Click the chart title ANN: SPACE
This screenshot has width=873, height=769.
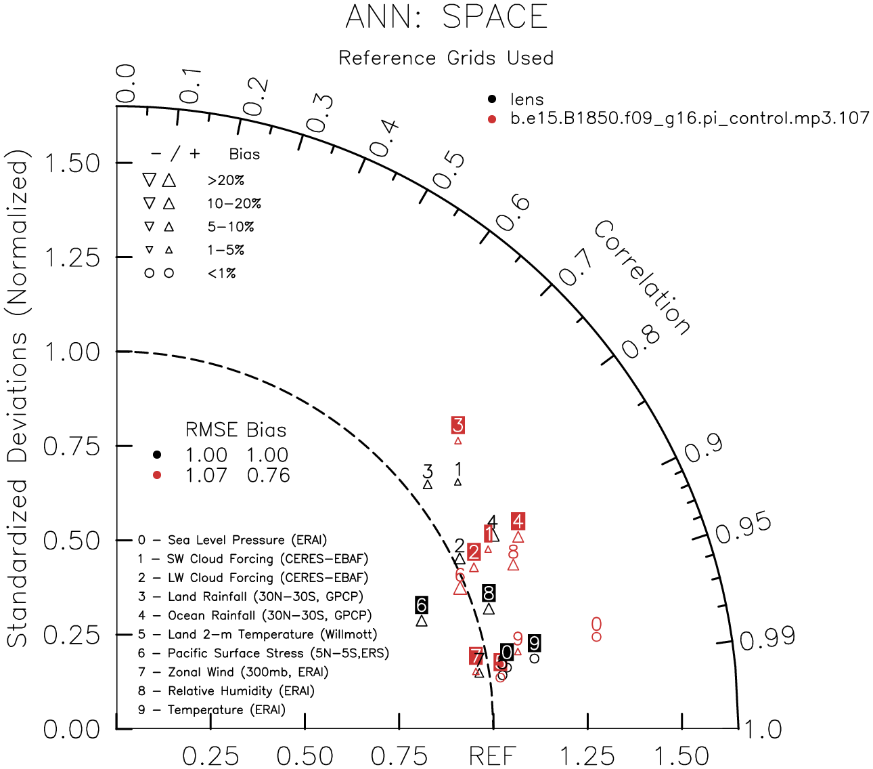click(446, 16)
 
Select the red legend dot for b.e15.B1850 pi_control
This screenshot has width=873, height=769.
click(492, 119)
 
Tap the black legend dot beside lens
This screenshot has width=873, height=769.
click(492, 100)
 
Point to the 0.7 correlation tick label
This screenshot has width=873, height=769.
click(575, 268)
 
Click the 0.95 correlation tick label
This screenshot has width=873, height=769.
click(743, 529)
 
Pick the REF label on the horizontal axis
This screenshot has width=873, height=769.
click(493, 755)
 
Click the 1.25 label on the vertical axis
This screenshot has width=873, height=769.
click(71, 258)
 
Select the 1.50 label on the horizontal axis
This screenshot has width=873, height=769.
click(681, 755)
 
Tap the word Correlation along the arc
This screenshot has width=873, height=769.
click(642, 278)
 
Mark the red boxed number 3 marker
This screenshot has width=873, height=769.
click(458, 425)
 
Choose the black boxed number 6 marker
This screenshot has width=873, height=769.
click(422, 605)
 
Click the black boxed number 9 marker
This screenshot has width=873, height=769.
click(535, 643)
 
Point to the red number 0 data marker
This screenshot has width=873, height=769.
click(596, 624)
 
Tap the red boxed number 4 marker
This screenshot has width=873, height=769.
click(518, 521)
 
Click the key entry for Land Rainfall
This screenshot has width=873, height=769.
click(250, 597)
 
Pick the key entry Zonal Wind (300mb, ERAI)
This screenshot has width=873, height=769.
click(233, 672)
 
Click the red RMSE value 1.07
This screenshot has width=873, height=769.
click(206, 476)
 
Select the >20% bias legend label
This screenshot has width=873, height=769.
click(226, 181)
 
